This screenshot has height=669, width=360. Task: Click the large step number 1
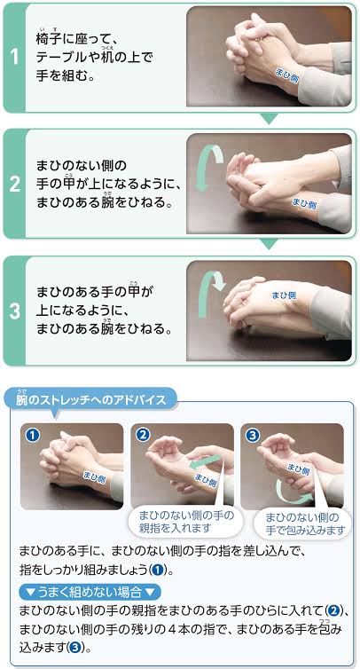pos(14,57)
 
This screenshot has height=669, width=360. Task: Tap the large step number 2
pos(14,185)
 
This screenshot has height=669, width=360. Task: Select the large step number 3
pos(14,311)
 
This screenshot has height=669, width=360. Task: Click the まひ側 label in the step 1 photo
pos(285,72)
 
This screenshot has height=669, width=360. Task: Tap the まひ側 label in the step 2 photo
pos(304,203)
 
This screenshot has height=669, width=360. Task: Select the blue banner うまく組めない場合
pos(90,592)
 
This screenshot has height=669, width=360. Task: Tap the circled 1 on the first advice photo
pos(33,435)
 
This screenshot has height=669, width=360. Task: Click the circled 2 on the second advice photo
pos(143,435)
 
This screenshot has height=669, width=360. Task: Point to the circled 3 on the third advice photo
pos(253,435)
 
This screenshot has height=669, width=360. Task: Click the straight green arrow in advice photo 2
pos(205,462)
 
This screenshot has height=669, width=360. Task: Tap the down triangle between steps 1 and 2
pos(269,119)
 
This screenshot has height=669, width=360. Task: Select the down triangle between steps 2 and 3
pos(269,244)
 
